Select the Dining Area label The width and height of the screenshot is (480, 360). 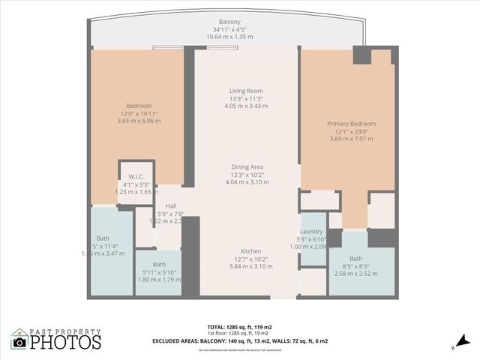click(247, 166)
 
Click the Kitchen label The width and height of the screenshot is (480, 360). click(250, 251)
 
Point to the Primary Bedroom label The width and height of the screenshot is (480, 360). click(351, 124)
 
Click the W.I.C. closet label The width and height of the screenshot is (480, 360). click(136, 176)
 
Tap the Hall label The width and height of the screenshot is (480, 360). click(171, 205)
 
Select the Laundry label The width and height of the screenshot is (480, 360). click(311, 232)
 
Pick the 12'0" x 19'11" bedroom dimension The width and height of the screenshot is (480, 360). click(139, 113)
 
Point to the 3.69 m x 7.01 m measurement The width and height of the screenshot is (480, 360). click(351, 139)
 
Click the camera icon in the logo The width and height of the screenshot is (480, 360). click(19, 342)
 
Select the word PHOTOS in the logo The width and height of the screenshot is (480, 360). click(65, 343)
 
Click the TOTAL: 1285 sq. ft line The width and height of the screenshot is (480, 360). click(240, 327)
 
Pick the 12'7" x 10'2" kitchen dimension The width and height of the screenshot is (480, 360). click(250, 259)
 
